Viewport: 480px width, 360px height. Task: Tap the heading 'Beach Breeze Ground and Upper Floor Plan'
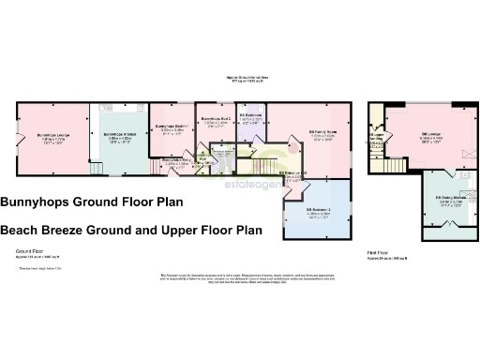click(130, 229)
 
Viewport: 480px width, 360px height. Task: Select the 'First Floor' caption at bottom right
click(380, 252)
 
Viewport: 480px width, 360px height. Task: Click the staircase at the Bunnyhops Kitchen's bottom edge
click(95, 169)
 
